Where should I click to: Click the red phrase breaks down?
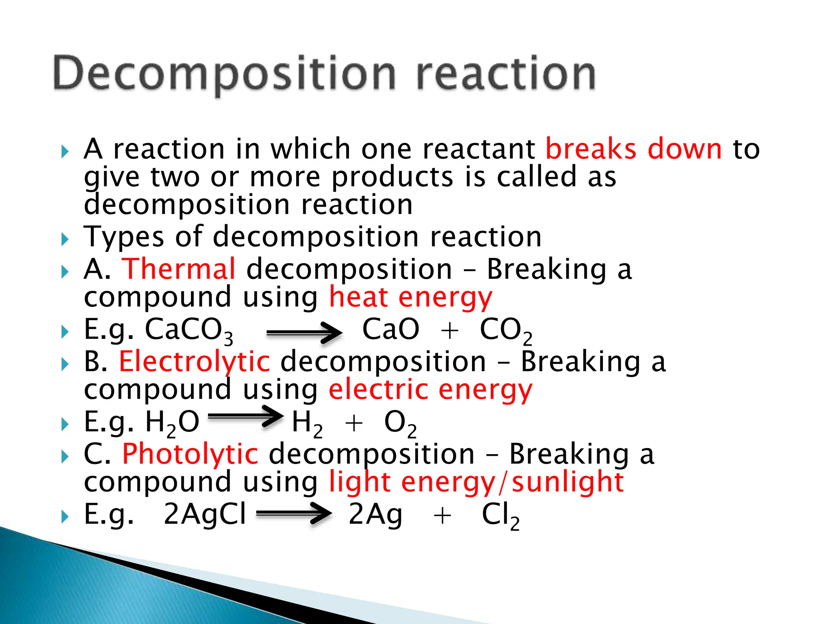(x=633, y=149)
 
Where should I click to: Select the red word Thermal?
(x=179, y=269)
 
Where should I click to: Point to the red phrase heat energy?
(x=410, y=297)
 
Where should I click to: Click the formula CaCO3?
(x=189, y=330)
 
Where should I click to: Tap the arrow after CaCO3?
(x=304, y=333)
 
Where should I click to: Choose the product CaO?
(x=390, y=329)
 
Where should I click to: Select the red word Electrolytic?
(x=194, y=361)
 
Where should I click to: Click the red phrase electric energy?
(x=430, y=390)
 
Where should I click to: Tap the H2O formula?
(x=172, y=422)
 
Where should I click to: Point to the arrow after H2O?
(x=245, y=416)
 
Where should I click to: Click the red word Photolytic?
(x=190, y=454)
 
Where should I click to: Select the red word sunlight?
(x=568, y=482)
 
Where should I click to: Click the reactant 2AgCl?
(x=205, y=514)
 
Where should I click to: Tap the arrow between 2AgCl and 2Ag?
(x=294, y=514)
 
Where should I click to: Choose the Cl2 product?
(x=500, y=516)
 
